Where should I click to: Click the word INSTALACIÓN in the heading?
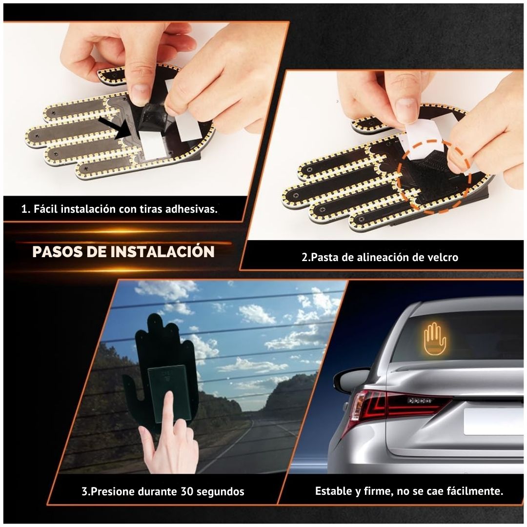162,251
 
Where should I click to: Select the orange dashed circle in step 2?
434,176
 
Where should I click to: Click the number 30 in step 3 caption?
187,491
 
